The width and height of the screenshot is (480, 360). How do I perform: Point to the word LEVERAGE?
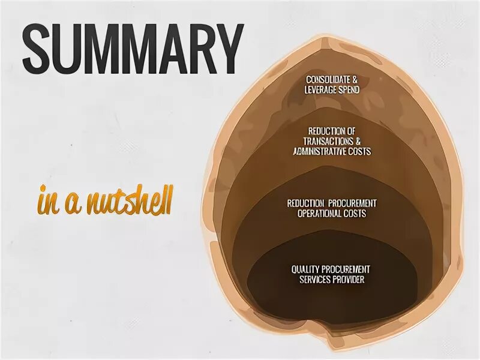click(321, 90)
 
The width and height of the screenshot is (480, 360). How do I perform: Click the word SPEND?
click(349, 90)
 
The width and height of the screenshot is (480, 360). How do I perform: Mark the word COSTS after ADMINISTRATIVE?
click(360, 151)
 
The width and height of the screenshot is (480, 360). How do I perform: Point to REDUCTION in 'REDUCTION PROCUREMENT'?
click(307, 203)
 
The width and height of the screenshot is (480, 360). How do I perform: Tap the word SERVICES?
click(318, 279)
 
